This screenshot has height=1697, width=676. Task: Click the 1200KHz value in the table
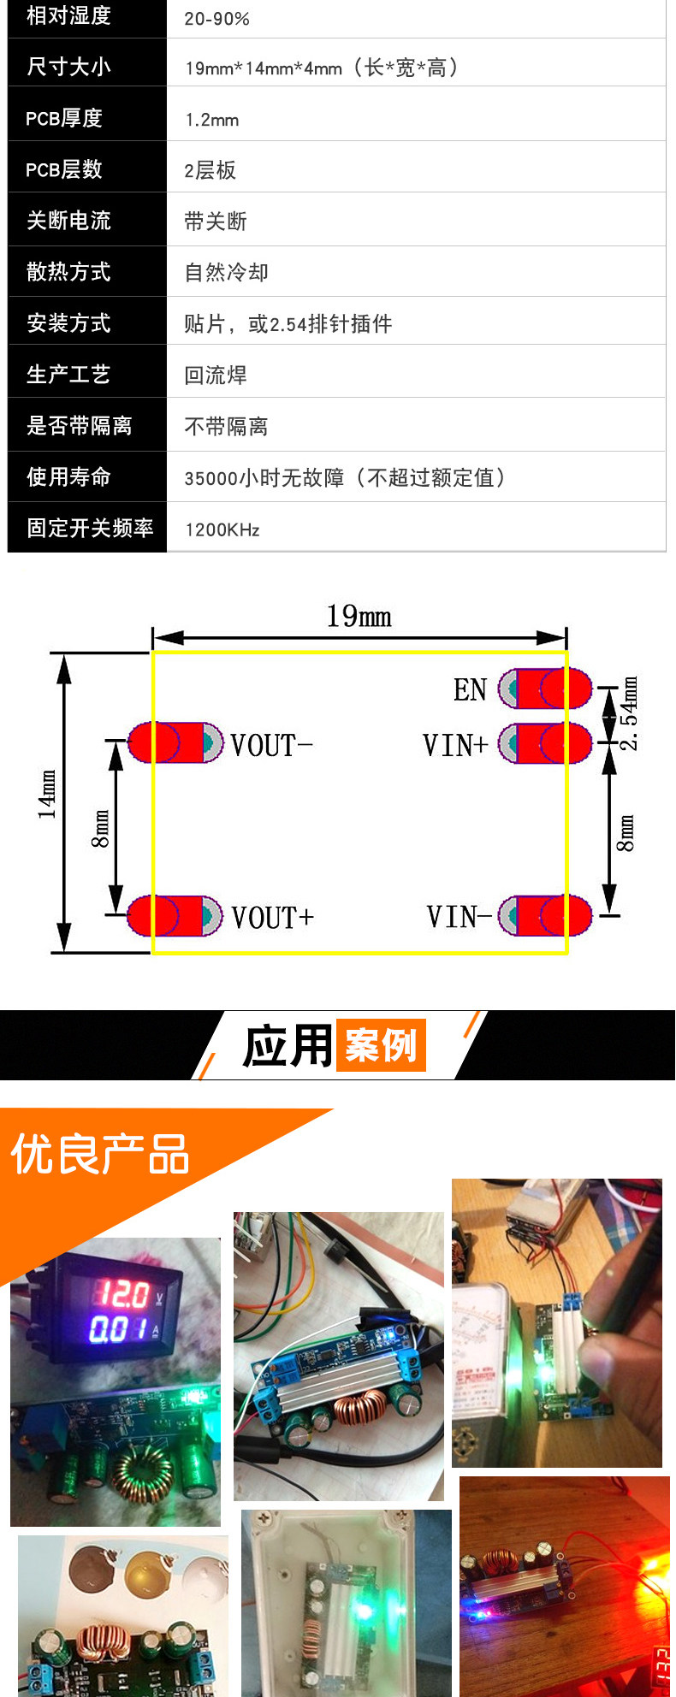pos(222,529)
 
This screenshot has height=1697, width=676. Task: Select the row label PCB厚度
pos(64,118)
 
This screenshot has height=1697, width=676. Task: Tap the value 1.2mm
pos(211,120)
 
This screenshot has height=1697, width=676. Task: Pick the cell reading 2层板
pos(210,170)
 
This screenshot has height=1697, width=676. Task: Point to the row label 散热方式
pos(68,272)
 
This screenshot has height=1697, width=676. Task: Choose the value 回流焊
pos(216,375)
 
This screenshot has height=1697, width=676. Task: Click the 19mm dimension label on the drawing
pos(359,616)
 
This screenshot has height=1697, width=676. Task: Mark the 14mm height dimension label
pos(47,795)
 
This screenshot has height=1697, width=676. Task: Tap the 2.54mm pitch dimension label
pos(629,713)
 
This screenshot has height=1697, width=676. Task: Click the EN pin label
pos(470,689)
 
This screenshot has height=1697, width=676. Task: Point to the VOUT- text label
pos(271,745)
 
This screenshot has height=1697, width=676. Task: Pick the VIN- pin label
pos(459,917)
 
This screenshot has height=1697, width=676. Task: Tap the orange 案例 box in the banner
pos(381,1044)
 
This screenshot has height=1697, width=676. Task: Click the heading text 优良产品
pos(99,1154)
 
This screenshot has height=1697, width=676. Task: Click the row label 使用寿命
pos(68,476)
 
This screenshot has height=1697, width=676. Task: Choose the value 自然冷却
pos(226,272)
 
